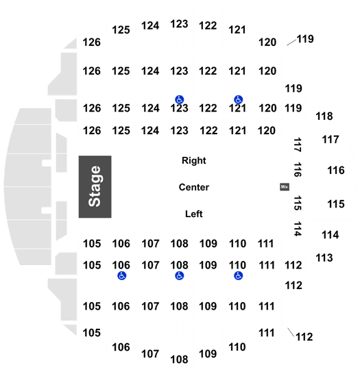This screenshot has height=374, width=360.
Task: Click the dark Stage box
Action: (95, 187)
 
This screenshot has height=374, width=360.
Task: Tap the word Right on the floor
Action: (194, 160)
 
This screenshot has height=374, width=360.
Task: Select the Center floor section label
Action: (194, 187)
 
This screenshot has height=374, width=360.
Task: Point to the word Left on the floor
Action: (194, 214)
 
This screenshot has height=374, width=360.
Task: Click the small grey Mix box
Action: (285, 187)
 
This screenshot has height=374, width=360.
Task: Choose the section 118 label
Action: (324, 116)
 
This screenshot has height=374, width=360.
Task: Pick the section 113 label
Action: (324, 258)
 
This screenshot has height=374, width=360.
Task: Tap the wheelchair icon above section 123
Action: (179, 99)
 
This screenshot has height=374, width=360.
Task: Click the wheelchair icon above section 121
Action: (238, 99)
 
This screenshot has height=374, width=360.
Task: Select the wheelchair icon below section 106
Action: (122, 276)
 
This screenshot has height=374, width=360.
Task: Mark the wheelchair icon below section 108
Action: (179, 276)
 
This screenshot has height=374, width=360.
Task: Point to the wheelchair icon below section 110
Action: (238, 276)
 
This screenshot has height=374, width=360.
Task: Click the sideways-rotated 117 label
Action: (297, 145)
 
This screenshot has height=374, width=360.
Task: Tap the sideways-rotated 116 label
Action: (297, 170)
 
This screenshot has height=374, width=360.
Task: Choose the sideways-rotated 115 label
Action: (297, 203)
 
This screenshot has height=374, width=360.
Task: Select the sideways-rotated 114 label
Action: (297, 229)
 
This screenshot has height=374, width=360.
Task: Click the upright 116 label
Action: (336, 171)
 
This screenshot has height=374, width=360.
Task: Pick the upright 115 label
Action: (336, 204)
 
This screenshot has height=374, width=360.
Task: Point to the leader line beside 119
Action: (291, 42)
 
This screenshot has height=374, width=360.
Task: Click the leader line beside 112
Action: (291, 332)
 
